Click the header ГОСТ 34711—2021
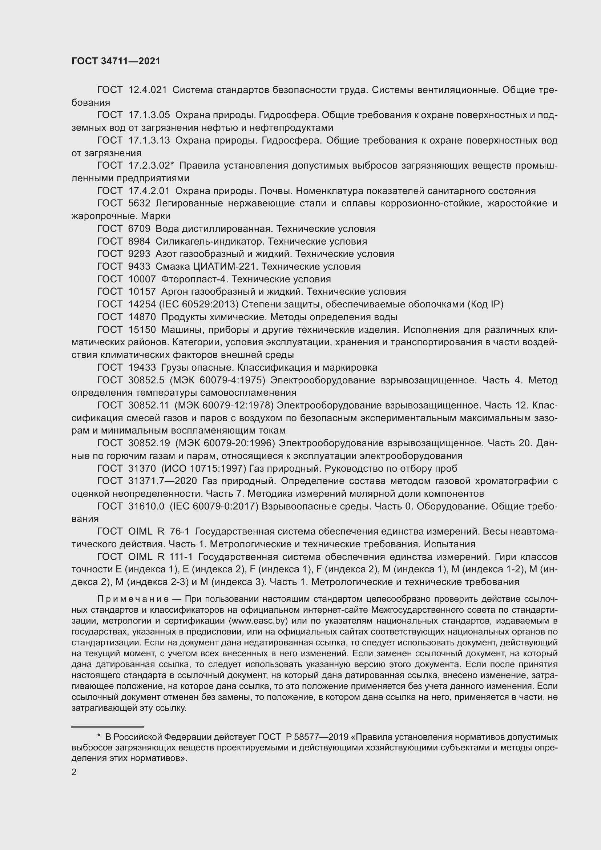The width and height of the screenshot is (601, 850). (x=116, y=61)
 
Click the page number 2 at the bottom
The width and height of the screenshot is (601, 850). (x=74, y=772)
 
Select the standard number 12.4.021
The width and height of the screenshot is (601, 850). (x=148, y=90)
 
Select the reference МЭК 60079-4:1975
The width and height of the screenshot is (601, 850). (x=218, y=380)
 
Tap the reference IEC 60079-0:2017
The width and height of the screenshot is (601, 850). (x=214, y=507)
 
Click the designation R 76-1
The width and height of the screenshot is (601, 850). (x=174, y=532)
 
